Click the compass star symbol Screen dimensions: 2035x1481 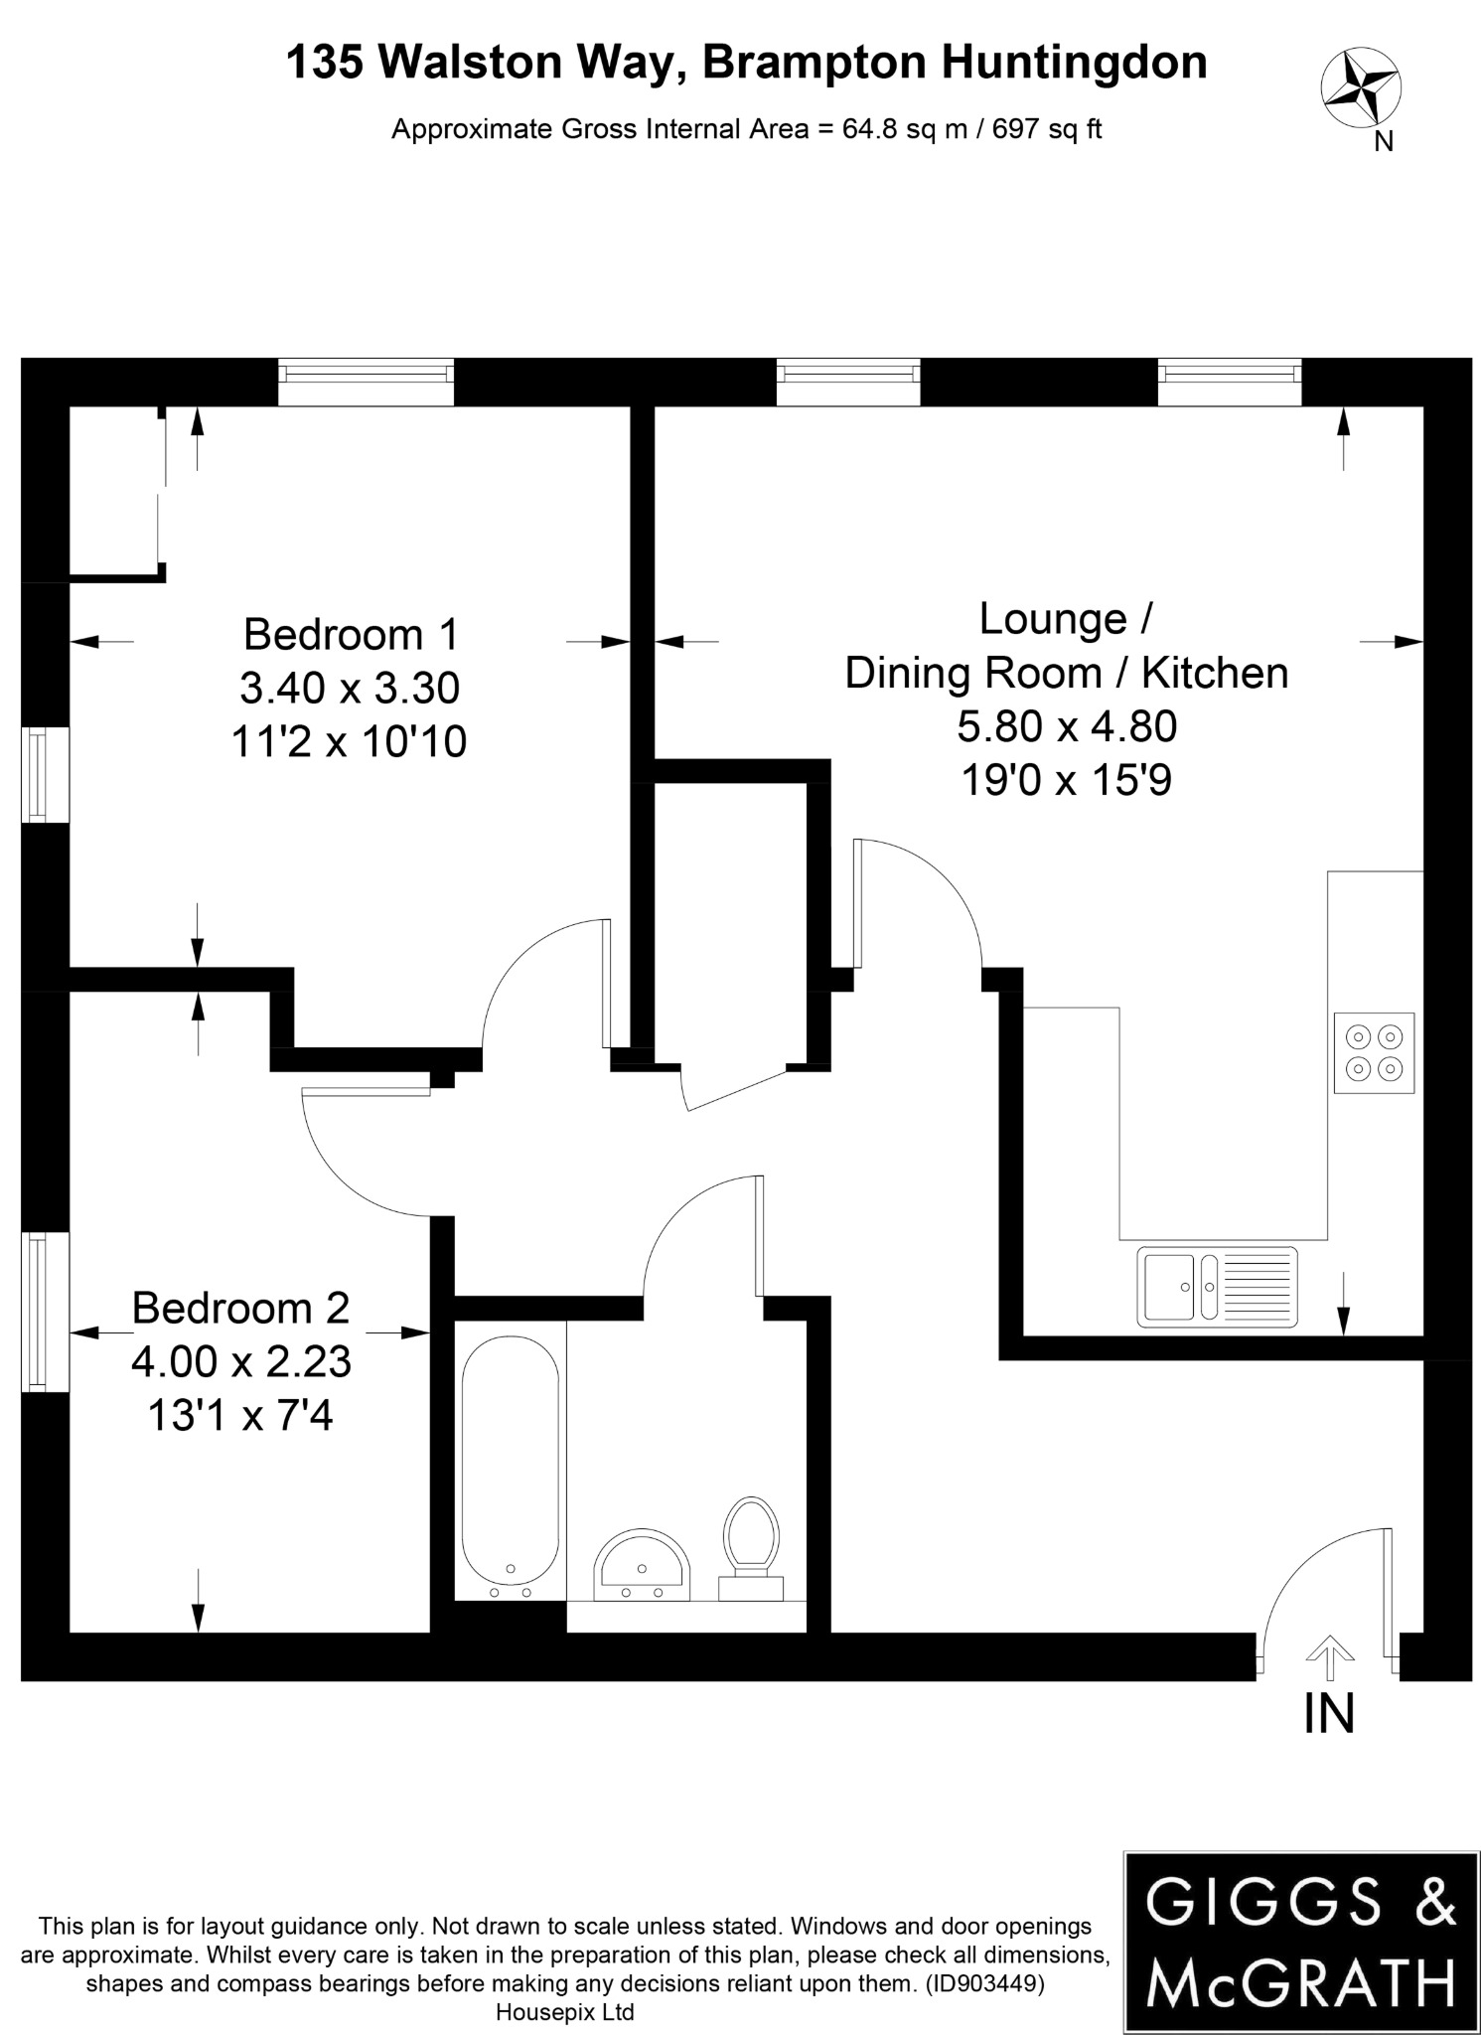click(x=1359, y=89)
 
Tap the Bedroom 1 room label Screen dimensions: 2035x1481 click(x=352, y=634)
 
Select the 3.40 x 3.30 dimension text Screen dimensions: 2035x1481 click(x=350, y=688)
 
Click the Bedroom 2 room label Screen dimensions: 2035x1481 click(x=240, y=1308)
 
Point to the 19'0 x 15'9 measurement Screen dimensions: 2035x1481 click(x=1066, y=780)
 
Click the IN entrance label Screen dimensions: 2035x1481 click(x=1328, y=1713)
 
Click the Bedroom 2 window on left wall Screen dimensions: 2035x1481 click(x=37, y=1311)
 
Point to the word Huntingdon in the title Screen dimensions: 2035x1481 click(x=1074, y=64)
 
